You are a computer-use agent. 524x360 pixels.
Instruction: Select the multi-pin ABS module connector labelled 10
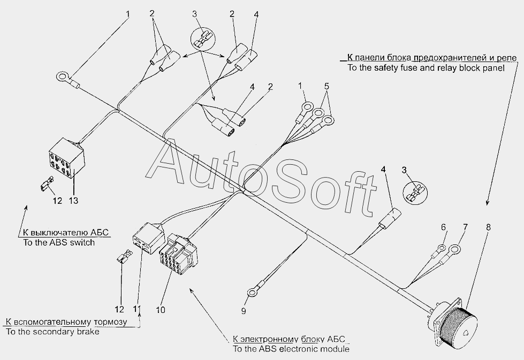pyautogui.click(x=178, y=254)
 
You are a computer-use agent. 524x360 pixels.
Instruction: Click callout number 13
pyautogui.click(x=73, y=201)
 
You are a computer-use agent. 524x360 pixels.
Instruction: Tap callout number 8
pyautogui.click(x=488, y=227)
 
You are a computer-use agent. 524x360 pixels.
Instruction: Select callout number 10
pyautogui.click(x=161, y=310)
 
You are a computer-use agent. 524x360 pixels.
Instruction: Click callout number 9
pyautogui.click(x=244, y=311)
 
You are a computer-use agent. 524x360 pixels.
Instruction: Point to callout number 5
pyautogui.click(x=326, y=86)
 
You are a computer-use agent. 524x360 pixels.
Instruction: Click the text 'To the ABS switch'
pyautogui.click(x=59, y=242)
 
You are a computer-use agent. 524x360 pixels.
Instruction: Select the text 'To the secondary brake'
pyautogui.click(x=52, y=332)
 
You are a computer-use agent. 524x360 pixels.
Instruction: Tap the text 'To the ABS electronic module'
pyautogui.click(x=291, y=349)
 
